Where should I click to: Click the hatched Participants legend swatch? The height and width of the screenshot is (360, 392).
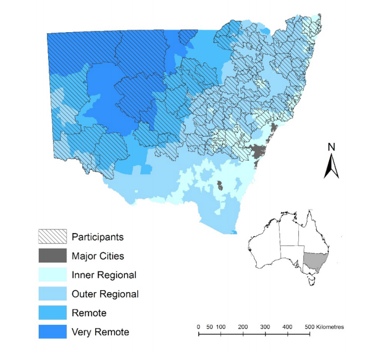click(x=53, y=237)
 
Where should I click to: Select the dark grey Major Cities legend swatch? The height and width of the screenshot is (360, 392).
click(x=53, y=255)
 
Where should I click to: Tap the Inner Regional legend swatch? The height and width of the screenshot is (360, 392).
click(x=53, y=275)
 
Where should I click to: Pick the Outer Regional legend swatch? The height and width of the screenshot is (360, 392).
click(x=53, y=293)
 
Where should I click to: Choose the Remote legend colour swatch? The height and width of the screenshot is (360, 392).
click(x=53, y=312)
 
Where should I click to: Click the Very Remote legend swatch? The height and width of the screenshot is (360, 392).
click(x=53, y=331)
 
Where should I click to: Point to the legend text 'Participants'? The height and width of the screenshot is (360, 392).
click(x=98, y=237)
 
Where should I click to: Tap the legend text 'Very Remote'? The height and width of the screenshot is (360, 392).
click(x=100, y=331)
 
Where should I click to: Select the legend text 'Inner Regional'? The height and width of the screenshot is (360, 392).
click(x=104, y=275)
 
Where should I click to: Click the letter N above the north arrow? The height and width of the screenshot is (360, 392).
click(x=331, y=147)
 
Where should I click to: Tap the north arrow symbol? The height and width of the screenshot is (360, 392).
click(x=331, y=166)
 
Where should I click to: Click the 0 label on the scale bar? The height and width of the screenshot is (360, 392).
click(x=199, y=327)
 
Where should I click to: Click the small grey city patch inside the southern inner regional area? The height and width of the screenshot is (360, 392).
click(x=220, y=185)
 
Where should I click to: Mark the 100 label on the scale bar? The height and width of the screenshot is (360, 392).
click(x=220, y=327)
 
